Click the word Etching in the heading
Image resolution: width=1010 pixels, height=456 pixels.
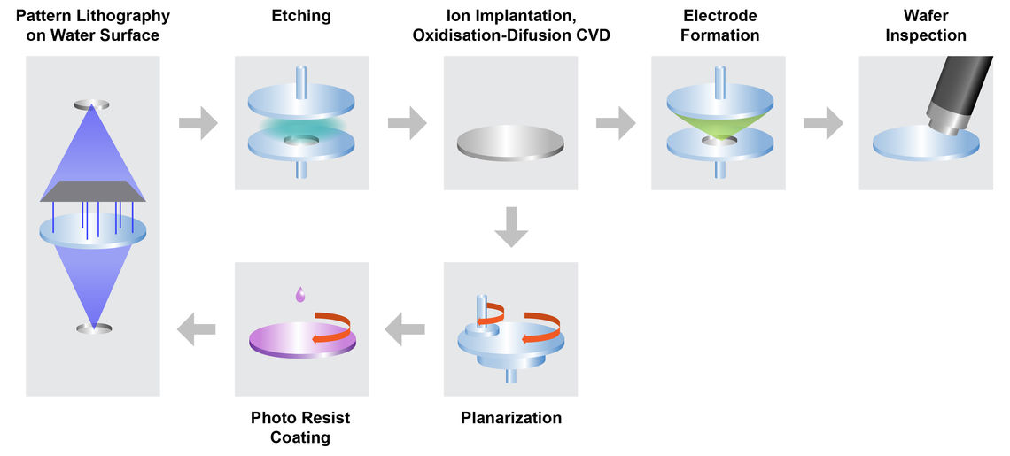pos(301,16)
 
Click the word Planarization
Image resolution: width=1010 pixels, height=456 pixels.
pos(511,418)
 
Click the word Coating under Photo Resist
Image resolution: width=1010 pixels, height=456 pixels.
pos(300,437)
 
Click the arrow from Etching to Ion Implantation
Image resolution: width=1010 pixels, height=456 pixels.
pos(407,123)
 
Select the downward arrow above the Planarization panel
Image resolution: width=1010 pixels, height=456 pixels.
pos(511,228)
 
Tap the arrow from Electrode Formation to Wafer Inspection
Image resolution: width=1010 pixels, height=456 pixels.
pos(823,123)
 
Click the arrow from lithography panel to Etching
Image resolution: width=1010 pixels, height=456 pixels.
pos(198,123)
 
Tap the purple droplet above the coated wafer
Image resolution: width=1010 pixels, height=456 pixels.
pos(301,295)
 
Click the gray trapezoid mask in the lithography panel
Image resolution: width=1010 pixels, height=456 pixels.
pos(93,190)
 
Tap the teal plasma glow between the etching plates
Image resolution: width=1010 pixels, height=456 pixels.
pos(301,128)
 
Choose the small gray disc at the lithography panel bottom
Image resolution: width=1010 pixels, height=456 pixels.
pos(93,328)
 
